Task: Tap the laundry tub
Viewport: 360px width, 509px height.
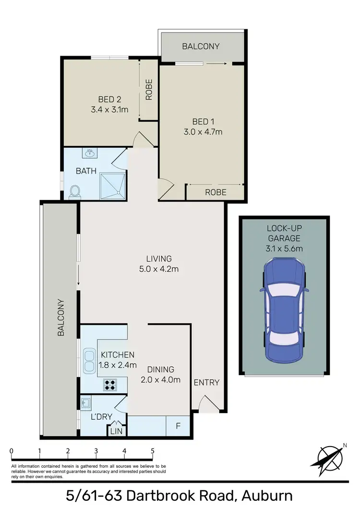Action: coord(86,402)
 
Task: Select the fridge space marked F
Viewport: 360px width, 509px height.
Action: coord(178,425)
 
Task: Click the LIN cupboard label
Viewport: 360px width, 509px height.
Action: coord(116,431)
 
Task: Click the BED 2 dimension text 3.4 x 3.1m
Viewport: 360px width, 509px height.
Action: coord(109,109)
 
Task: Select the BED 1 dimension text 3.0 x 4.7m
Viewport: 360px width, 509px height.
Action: coord(203,131)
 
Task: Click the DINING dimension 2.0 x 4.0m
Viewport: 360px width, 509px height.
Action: coord(161,380)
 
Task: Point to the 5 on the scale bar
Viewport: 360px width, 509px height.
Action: coord(153,451)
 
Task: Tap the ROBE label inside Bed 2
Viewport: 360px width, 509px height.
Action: coord(149,89)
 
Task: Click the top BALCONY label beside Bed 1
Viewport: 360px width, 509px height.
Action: coord(201,47)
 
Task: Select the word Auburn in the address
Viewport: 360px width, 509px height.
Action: coord(261,496)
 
